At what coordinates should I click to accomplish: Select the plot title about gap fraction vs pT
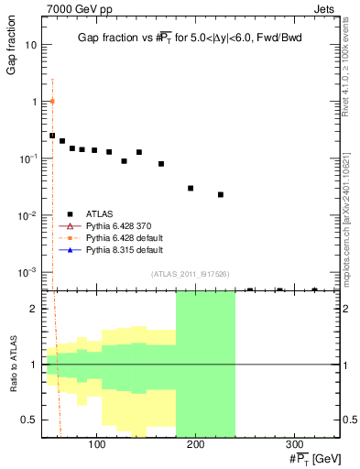191,36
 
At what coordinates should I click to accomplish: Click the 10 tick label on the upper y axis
31,44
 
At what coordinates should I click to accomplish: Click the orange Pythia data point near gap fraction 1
52,101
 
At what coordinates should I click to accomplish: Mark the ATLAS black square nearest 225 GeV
221,194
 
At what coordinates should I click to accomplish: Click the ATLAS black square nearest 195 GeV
191,188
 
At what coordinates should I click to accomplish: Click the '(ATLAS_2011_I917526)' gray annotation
191,275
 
